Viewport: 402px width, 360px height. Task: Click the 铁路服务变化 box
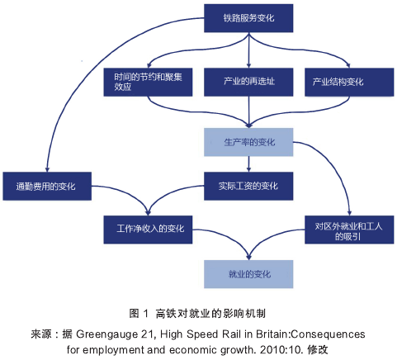(248, 18)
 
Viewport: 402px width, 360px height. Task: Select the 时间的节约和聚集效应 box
(148, 82)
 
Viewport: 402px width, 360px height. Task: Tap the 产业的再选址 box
(248, 82)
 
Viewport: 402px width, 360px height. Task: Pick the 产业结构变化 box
(349, 82)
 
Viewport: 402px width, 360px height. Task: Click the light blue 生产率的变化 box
(248, 142)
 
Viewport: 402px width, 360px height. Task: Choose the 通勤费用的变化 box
(47, 187)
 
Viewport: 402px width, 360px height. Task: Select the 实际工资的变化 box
(248, 187)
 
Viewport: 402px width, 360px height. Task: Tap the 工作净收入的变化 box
(148, 230)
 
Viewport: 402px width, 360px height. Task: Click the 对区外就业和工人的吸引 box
(349, 230)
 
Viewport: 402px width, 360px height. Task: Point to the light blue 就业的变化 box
(248, 274)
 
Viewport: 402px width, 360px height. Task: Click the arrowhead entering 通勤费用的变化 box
(47, 169)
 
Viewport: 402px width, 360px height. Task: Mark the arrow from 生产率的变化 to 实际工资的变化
(248, 164)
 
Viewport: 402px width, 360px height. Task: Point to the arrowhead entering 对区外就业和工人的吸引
(349, 213)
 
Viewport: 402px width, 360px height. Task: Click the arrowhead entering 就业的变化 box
(248, 258)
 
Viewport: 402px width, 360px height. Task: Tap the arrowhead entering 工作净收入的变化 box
(148, 213)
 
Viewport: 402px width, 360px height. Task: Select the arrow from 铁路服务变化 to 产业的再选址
(248, 50)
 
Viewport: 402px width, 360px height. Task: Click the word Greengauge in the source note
(106, 334)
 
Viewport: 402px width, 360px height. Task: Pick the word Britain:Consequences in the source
(310, 334)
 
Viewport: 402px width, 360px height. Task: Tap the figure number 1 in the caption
(146, 313)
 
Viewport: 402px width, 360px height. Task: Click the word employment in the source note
(113, 350)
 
